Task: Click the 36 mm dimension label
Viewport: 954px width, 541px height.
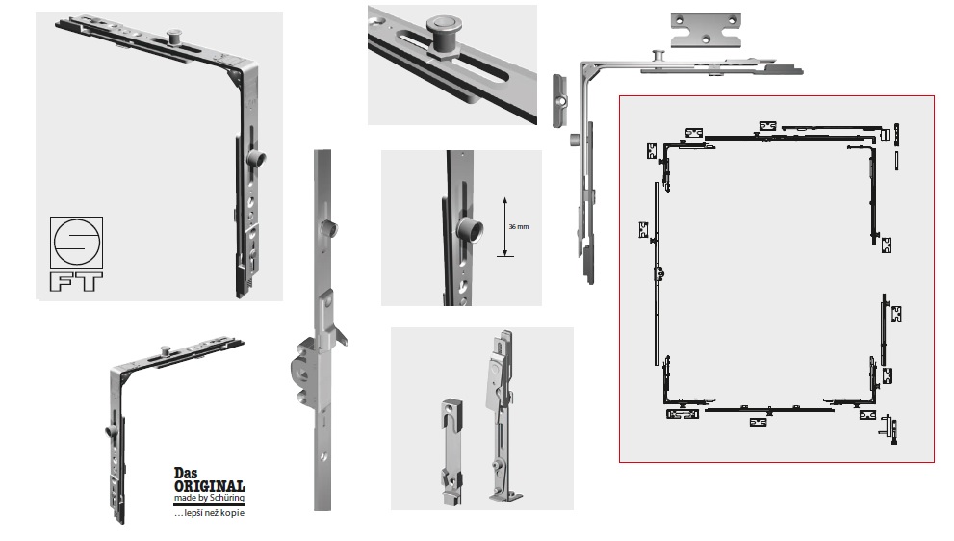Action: (x=518, y=227)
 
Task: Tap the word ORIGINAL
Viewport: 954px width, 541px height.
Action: (x=209, y=486)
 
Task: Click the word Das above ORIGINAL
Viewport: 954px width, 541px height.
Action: (x=186, y=473)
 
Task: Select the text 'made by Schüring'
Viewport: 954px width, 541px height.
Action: (x=209, y=498)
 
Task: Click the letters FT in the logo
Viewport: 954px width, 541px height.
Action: (x=76, y=282)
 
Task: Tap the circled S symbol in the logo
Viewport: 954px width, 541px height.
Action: (x=76, y=243)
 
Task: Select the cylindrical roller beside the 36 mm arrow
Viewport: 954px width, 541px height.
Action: (x=470, y=230)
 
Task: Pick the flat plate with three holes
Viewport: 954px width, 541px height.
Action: (x=706, y=30)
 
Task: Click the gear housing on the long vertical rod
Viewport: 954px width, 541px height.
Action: (x=311, y=366)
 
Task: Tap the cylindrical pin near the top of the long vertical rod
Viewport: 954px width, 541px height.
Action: (x=328, y=229)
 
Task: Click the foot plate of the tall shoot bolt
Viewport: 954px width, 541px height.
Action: (x=506, y=496)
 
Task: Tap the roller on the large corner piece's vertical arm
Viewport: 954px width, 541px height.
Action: (x=256, y=160)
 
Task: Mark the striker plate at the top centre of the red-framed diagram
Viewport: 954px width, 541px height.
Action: (x=767, y=126)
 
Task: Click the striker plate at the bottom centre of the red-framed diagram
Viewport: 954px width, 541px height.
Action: (x=758, y=422)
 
